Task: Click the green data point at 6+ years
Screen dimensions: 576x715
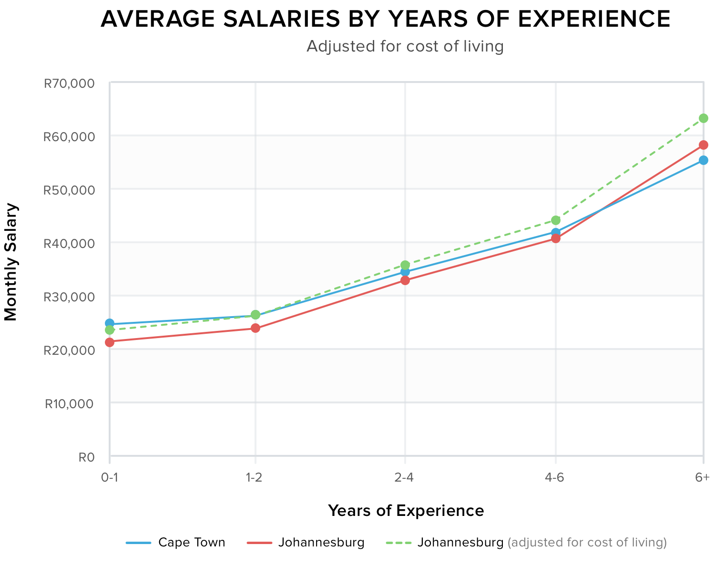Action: coord(703,118)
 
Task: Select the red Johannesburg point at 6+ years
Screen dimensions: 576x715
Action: coord(703,145)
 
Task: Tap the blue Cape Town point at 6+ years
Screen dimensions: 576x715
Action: coord(703,160)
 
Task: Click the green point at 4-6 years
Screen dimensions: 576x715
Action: coord(555,220)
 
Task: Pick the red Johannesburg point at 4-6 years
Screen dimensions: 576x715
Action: coord(555,238)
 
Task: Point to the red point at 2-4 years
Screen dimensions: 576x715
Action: coord(405,280)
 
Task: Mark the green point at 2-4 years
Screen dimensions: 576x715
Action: coord(405,265)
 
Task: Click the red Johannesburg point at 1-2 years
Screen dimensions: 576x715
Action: coord(255,328)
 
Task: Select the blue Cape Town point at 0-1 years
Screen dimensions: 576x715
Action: coord(110,323)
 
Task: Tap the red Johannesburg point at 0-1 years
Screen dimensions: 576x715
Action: coord(110,342)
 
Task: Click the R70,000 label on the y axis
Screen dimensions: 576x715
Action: coord(69,84)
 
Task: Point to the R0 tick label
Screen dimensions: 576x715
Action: coord(86,457)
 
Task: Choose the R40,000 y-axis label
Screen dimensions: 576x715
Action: coord(69,244)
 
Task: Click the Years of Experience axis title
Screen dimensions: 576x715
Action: coord(406,511)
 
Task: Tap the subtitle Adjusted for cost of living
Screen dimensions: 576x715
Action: coord(405,46)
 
